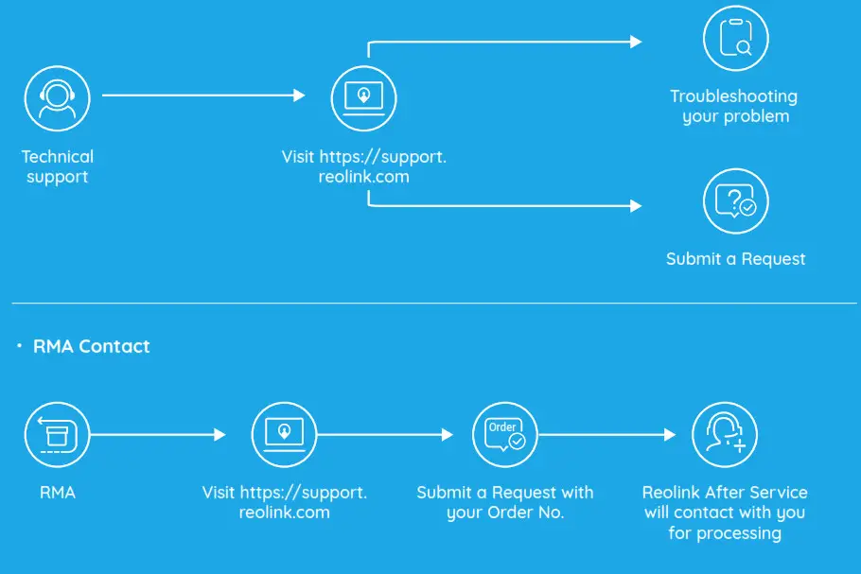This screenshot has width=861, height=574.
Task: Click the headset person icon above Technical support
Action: pos(57,96)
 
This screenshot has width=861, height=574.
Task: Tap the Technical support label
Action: pos(58,166)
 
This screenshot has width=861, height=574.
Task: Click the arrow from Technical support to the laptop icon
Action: pos(202,96)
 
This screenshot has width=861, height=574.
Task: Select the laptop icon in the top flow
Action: pos(363,96)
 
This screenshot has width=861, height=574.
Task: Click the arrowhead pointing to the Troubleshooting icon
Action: pos(636,42)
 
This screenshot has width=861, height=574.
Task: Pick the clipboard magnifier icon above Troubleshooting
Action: pos(735,39)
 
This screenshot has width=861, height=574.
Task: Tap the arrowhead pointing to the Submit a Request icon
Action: pos(636,205)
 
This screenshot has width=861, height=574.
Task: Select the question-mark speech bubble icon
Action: pos(735,200)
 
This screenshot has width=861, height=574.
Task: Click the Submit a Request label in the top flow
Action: pos(735,259)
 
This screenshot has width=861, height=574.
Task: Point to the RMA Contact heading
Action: pos(91,346)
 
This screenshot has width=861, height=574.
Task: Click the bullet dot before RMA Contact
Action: pos(19,346)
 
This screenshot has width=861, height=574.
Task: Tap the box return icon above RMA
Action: pos(57,435)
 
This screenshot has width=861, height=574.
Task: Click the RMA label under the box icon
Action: pos(57,493)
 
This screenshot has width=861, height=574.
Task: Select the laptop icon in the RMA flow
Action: pos(284,435)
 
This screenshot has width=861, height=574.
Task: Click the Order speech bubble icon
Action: pos(504,435)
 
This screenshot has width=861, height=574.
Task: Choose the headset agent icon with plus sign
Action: pos(725,435)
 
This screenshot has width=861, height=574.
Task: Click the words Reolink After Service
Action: pos(725,493)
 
